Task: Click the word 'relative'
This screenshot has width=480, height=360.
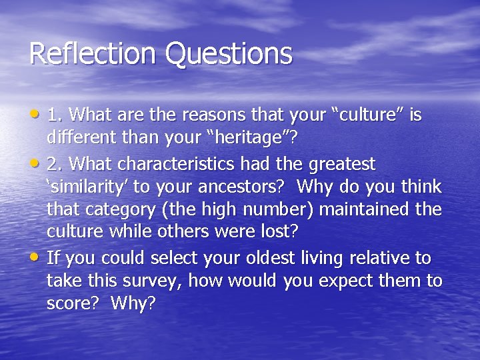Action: [x=373, y=257]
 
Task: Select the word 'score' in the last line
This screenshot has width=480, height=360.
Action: [x=70, y=305]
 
